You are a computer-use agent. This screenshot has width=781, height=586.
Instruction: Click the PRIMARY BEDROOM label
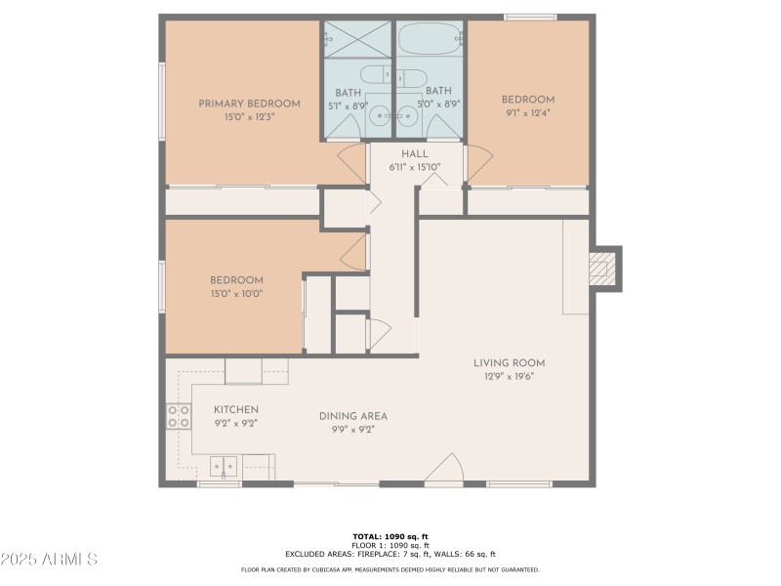click(249, 104)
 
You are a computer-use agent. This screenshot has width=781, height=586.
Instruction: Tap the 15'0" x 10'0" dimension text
click(235, 293)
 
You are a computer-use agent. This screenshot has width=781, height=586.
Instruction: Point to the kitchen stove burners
click(178, 417)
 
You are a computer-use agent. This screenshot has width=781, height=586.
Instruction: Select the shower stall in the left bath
click(357, 42)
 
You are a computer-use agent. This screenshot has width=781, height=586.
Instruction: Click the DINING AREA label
click(347, 416)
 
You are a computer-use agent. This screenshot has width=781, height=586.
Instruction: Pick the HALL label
click(415, 154)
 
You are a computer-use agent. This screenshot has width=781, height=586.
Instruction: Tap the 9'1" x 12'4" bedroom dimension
click(528, 112)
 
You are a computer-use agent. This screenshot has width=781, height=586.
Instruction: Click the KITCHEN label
click(236, 409)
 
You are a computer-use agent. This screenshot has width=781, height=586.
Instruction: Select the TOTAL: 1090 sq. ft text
click(390, 536)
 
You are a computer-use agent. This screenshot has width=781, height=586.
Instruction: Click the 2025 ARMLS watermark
click(49, 560)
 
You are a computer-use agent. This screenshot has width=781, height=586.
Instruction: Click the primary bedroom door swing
click(350, 163)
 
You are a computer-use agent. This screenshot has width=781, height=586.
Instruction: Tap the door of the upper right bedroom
click(479, 163)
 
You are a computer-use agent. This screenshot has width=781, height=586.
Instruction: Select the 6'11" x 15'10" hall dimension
click(415, 166)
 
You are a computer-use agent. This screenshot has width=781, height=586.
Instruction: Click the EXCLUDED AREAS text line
click(390, 554)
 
